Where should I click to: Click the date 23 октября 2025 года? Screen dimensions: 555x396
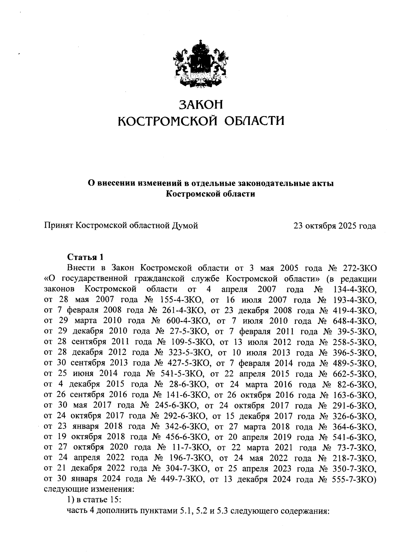coord(335,226)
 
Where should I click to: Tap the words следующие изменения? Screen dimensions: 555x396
coord(89,490)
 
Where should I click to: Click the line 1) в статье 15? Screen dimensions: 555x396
coord(94,500)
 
